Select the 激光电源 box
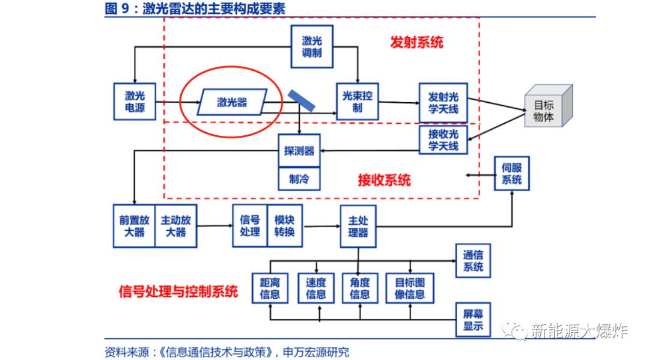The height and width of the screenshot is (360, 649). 135,102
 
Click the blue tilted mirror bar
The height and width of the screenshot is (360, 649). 301,101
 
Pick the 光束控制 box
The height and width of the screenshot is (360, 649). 358,102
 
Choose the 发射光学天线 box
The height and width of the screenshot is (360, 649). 443,102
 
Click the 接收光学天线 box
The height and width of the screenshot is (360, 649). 443,139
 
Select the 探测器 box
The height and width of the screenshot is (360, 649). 299,151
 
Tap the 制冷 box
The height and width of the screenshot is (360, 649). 299,178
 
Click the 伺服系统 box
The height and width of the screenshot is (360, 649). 512,174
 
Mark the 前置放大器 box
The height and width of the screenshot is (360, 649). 134,226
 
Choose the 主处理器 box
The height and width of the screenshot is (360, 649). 358,227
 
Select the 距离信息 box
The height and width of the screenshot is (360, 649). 270,288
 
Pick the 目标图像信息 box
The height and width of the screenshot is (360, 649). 410,288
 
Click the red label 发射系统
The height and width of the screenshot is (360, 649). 416,42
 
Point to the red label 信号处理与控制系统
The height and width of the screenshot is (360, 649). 178,291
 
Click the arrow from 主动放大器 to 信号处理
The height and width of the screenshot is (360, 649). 215,226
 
